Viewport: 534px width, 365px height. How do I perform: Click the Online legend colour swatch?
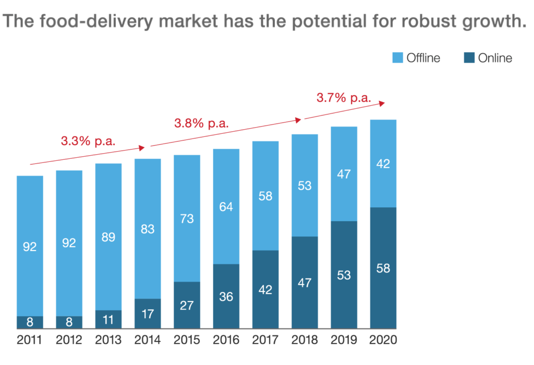469,58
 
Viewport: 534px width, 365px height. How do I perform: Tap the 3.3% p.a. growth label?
88,141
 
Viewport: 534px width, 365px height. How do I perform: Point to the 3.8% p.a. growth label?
201,124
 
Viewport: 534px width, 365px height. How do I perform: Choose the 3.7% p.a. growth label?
344,97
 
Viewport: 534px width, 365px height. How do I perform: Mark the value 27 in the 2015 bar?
187,305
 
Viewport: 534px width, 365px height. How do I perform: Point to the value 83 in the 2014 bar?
148,228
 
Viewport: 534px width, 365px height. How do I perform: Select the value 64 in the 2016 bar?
226,206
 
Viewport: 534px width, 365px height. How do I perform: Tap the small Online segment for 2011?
30,322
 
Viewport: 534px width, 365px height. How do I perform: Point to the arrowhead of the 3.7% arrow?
382,104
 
